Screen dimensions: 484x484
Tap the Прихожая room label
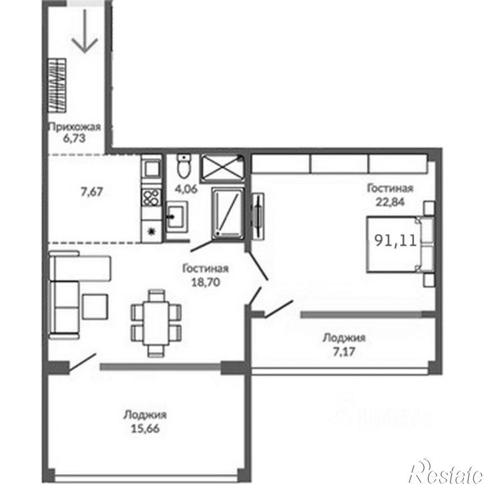(75, 127)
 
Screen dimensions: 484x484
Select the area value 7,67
(91, 192)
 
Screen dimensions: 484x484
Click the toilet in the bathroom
(184, 166)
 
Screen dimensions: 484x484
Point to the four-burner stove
(152, 198)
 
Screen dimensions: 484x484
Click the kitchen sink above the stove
(152, 168)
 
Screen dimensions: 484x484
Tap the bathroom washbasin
(176, 216)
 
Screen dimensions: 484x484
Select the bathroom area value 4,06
(186, 189)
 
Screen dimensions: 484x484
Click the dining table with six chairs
(156, 323)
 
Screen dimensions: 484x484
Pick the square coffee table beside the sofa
(95, 306)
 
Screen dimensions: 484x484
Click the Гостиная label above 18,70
(206, 268)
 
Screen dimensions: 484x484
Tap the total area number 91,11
(396, 240)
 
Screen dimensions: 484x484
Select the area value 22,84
(390, 202)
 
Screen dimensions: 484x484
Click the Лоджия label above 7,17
(344, 338)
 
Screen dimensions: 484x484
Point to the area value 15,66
(145, 429)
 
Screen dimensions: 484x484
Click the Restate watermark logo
(446, 472)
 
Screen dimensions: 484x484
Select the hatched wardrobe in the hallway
(57, 85)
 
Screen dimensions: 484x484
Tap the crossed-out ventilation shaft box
(222, 168)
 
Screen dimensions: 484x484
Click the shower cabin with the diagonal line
(228, 213)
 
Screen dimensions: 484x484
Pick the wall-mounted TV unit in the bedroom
(258, 216)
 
